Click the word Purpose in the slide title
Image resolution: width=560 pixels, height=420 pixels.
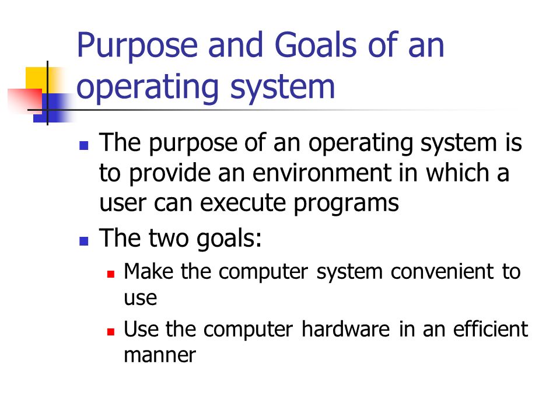point(138,45)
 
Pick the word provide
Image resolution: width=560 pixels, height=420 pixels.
point(170,174)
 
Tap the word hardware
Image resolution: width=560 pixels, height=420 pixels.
point(346,328)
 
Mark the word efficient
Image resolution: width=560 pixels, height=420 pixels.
point(491,328)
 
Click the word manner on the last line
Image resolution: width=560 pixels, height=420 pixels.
point(160,355)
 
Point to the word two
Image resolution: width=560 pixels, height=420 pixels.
point(169,239)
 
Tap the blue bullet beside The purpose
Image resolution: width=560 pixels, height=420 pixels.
point(83,146)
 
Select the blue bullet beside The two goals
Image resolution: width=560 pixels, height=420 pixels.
point(83,241)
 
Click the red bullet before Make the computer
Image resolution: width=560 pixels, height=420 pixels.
point(111,274)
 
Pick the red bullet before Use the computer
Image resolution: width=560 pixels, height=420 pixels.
point(111,332)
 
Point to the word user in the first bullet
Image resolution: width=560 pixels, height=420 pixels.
point(123,204)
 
